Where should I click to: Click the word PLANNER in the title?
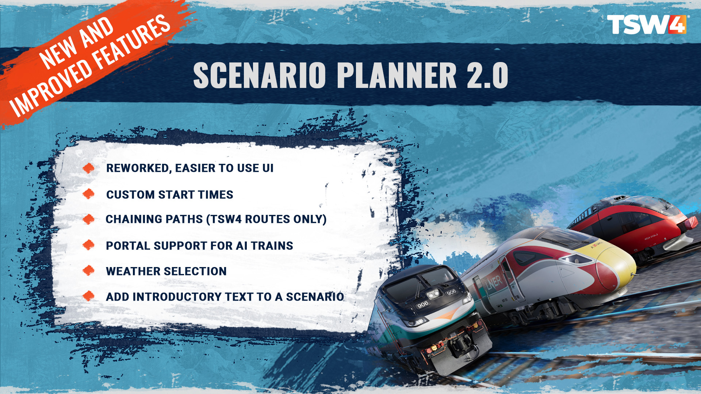click(x=397, y=75)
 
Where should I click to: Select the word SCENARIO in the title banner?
click(x=259, y=75)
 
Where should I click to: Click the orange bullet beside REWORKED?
click(x=88, y=168)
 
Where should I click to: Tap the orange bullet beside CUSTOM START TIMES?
click(x=88, y=194)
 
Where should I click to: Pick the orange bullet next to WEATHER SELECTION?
click(x=88, y=271)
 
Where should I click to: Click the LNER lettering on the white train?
click(x=494, y=283)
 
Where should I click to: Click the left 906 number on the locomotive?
click(x=422, y=304)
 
